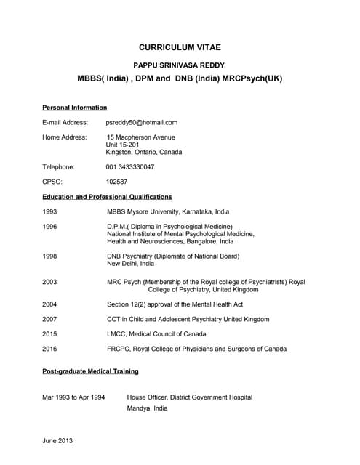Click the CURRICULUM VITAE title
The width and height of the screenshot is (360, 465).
pyautogui.click(x=180, y=47)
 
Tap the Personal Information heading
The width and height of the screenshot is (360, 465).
pyautogui.click(x=74, y=108)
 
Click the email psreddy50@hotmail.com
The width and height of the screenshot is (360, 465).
pyautogui.click(x=142, y=123)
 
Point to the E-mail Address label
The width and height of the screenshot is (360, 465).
pyautogui.click(x=65, y=123)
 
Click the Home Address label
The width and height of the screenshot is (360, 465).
pyautogui.click(x=65, y=137)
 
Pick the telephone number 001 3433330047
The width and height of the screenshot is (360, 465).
pyautogui.click(x=130, y=167)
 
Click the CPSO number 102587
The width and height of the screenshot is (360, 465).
pyautogui.click(x=117, y=182)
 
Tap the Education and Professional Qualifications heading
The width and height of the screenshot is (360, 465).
pyautogui.click(x=107, y=197)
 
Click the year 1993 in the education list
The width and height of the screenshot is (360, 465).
pyautogui.click(x=50, y=212)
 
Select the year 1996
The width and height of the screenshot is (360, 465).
pyautogui.click(x=50, y=227)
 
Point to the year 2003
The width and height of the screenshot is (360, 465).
pyautogui.click(x=50, y=282)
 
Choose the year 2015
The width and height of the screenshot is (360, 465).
pyautogui.click(x=50, y=334)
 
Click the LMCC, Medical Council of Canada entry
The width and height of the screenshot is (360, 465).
pyautogui.click(x=156, y=334)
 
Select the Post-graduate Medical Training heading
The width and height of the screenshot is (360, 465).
pyautogui.click(x=90, y=371)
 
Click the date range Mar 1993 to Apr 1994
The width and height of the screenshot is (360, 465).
pyautogui.click(x=73, y=397)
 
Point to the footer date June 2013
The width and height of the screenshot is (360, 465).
pyautogui.click(x=57, y=441)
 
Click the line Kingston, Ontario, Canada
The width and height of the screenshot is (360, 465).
pyautogui.click(x=144, y=153)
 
